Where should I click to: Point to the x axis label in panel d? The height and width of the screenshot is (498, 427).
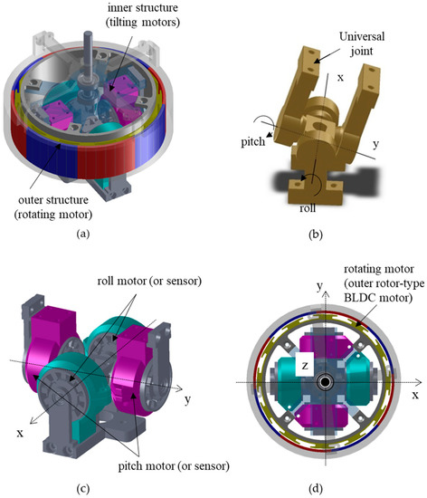pyautogui.click(x=414, y=396)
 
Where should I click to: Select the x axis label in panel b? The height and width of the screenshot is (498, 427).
pyautogui.click(x=340, y=79)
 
